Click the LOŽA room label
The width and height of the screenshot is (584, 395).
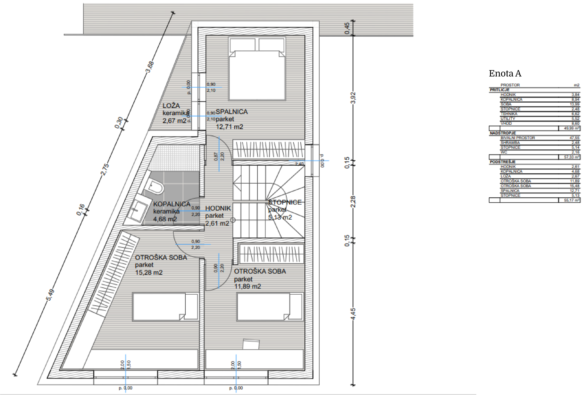click(x=171, y=106)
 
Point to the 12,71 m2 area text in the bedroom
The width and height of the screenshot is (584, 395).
click(x=229, y=127)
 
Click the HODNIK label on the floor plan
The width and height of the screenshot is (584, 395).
click(x=218, y=208)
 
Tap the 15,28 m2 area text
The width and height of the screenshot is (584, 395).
click(x=149, y=272)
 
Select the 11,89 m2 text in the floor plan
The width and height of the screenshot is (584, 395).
click(x=248, y=286)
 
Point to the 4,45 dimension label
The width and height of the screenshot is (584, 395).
click(x=353, y=314)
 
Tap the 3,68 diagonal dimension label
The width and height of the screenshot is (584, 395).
click(x=150, y=67)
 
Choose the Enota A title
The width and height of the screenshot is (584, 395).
click(x=505, y=73)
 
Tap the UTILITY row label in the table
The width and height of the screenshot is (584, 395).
click(x=508, y=119)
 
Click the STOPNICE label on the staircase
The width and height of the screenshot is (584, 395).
click(x=285, y=202)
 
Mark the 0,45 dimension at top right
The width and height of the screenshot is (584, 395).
click(x=347, y=28)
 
